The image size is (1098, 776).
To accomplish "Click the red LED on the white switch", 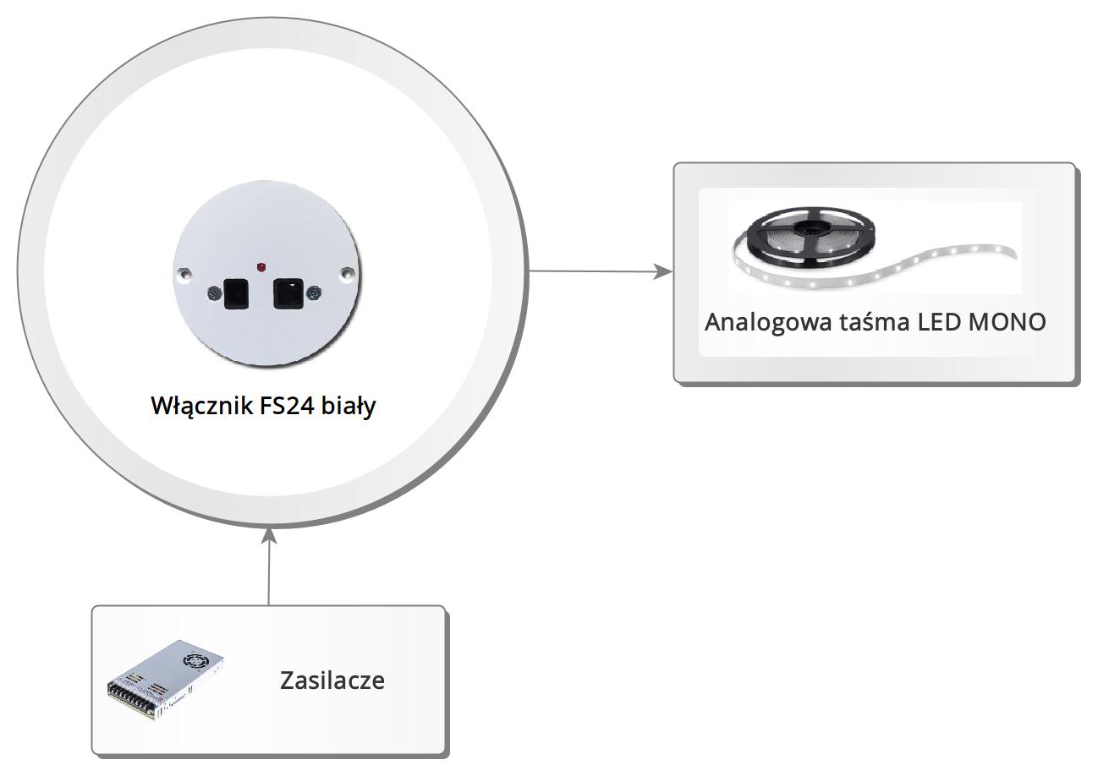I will point(261,267).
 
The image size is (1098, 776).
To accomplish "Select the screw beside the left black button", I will point(212,293).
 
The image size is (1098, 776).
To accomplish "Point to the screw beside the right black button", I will point(314,293).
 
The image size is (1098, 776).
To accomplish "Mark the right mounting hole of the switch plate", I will point(346,273).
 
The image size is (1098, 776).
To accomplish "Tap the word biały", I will point(349,406).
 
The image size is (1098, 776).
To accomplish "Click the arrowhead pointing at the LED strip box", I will point(665,271).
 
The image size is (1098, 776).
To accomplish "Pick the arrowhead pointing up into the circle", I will point(269,536).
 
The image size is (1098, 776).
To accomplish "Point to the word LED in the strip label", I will point(939,322).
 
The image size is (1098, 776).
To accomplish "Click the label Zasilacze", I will point(332,680).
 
